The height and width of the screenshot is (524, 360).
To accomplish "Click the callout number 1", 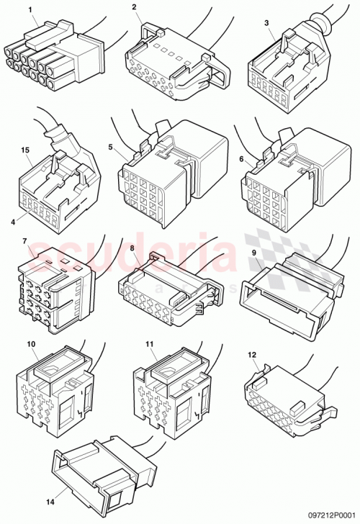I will point(30,10).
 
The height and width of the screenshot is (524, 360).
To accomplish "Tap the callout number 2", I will point(135,8).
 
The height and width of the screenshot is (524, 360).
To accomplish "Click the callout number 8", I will point(132,248).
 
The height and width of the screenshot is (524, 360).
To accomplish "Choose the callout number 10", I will point(32,345).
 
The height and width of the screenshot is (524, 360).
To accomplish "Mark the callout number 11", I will point(149,345).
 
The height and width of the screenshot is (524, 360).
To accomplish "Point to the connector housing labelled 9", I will point(288,295).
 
